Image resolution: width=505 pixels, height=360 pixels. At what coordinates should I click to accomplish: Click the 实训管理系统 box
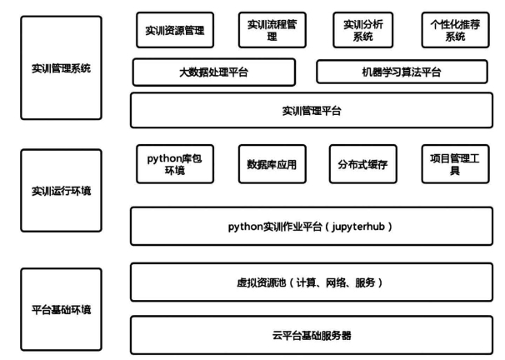(61, 68)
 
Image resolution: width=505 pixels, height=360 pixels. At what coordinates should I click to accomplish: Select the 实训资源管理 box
(175, 30)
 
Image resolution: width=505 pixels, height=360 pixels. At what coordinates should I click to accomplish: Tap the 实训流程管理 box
(272, 30)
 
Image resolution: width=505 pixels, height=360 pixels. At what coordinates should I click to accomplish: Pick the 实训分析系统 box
(363, 30)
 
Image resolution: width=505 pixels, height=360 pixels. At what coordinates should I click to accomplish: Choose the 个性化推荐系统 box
(455, 30)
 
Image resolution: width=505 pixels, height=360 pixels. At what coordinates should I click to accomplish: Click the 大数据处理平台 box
(214, 72)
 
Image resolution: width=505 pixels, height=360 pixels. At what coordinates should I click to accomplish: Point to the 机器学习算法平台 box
(402, 72)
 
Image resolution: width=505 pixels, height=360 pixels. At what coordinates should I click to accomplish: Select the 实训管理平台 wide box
(312, 111)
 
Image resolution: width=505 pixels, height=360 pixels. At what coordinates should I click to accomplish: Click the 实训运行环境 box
(61, 191)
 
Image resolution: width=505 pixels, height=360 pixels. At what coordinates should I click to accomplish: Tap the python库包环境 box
(175, 164)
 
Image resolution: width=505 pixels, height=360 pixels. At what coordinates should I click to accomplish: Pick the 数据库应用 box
(272, 164)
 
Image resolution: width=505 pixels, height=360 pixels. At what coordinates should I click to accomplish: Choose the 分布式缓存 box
(363, 164)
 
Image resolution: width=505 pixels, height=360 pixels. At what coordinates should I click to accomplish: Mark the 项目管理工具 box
(455, 164)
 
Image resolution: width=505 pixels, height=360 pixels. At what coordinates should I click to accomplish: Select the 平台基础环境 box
(61, 309)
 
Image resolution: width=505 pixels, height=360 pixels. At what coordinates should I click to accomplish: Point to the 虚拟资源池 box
(312, 282)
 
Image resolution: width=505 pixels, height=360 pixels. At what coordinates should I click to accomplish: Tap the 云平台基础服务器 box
(312, 335)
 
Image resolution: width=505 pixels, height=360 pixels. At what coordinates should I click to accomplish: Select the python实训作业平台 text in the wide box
(275, 227)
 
